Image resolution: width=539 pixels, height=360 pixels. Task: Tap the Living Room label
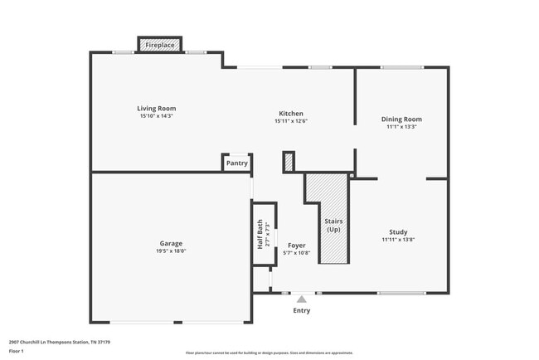[x=156, y=109]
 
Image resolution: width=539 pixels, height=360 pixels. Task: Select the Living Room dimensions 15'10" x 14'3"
[x=156, y=116]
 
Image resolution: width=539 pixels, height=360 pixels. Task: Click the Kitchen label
[x=290, y=114]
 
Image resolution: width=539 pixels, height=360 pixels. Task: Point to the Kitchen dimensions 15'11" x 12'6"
[x=290, y=121]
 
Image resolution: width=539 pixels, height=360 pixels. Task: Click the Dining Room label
[x=401, y=119]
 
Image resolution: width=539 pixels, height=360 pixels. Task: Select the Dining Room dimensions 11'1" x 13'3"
[x=401, y=127]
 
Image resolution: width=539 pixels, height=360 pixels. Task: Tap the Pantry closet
[x=236, y=163]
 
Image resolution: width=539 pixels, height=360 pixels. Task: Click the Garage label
[x=171, y=244]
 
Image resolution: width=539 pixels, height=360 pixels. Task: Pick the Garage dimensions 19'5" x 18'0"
[x=171, y=251]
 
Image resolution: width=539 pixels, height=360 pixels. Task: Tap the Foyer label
[x=297, y=246]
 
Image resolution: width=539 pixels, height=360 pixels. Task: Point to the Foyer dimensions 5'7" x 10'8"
[x=297, y=254]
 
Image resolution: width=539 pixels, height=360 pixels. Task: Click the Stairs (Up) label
[x=333, y=225]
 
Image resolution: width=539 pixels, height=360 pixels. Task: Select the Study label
[x=398, y=232]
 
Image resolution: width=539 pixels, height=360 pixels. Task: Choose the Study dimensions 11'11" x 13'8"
[x=398, y=240]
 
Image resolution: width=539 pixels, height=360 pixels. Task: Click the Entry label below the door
[x=302, y=311]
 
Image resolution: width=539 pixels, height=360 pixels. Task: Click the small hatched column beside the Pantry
[x=289, y=162]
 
